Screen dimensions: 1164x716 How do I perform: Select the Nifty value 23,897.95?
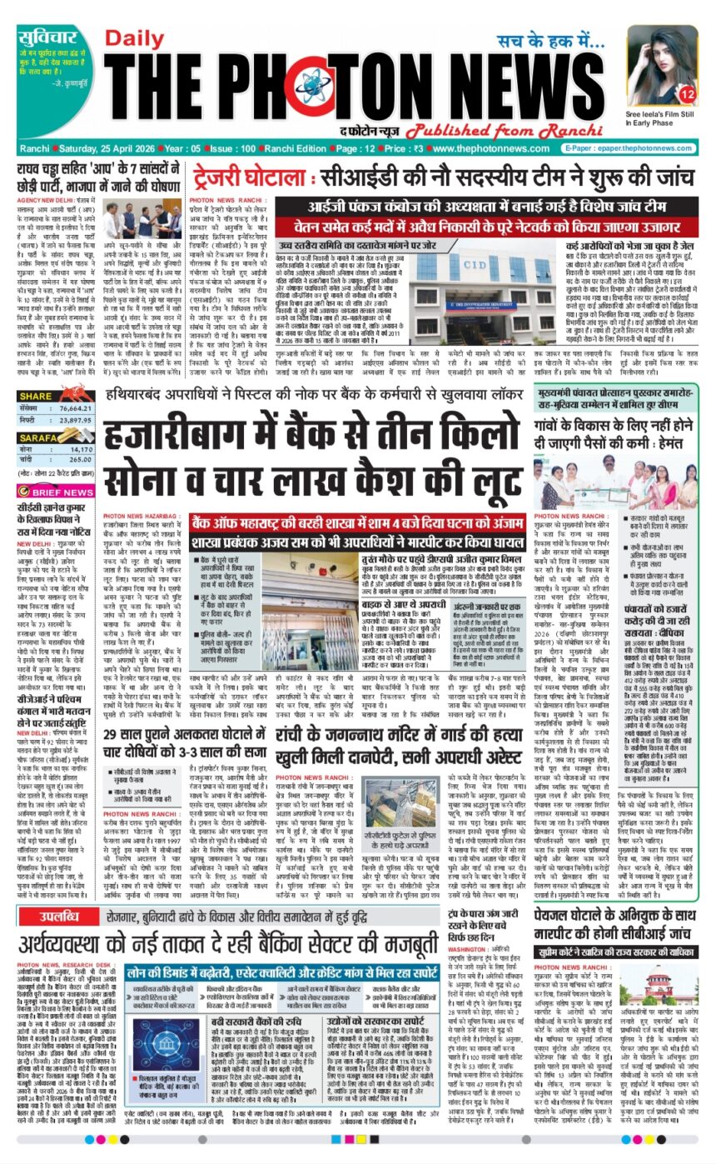coord(74,423)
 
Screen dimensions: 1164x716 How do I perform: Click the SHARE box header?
coord(36,397)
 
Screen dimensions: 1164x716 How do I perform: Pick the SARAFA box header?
coord(37,437)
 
